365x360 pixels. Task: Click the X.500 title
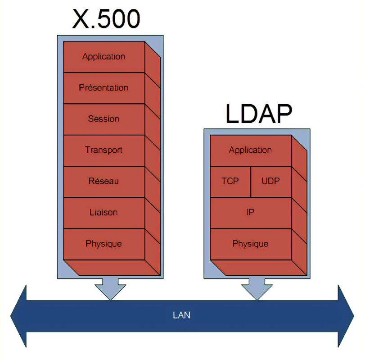coord(106,19)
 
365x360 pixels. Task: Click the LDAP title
coord(259,114)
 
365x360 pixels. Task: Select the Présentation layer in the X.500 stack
coord(104,88)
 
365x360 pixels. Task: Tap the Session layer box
coord(104,119)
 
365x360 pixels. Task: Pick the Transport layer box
coord(104,150)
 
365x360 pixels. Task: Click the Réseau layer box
coord(104,181)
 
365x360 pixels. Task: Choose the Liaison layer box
coord(104,212)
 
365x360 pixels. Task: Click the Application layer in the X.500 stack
coord(104,57)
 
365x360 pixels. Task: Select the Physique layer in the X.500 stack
coord(104,244)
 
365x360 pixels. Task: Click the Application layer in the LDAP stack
coord(251,150)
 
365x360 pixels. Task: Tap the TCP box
coord(230,181)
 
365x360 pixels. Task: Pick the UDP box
coord(270,181)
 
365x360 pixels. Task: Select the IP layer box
coord(251,212)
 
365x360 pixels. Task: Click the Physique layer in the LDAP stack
coord(251,244)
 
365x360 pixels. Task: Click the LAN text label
coord(182,315)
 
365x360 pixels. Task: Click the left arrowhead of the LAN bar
coord(20,315)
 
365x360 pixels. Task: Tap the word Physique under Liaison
coord(104,244)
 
